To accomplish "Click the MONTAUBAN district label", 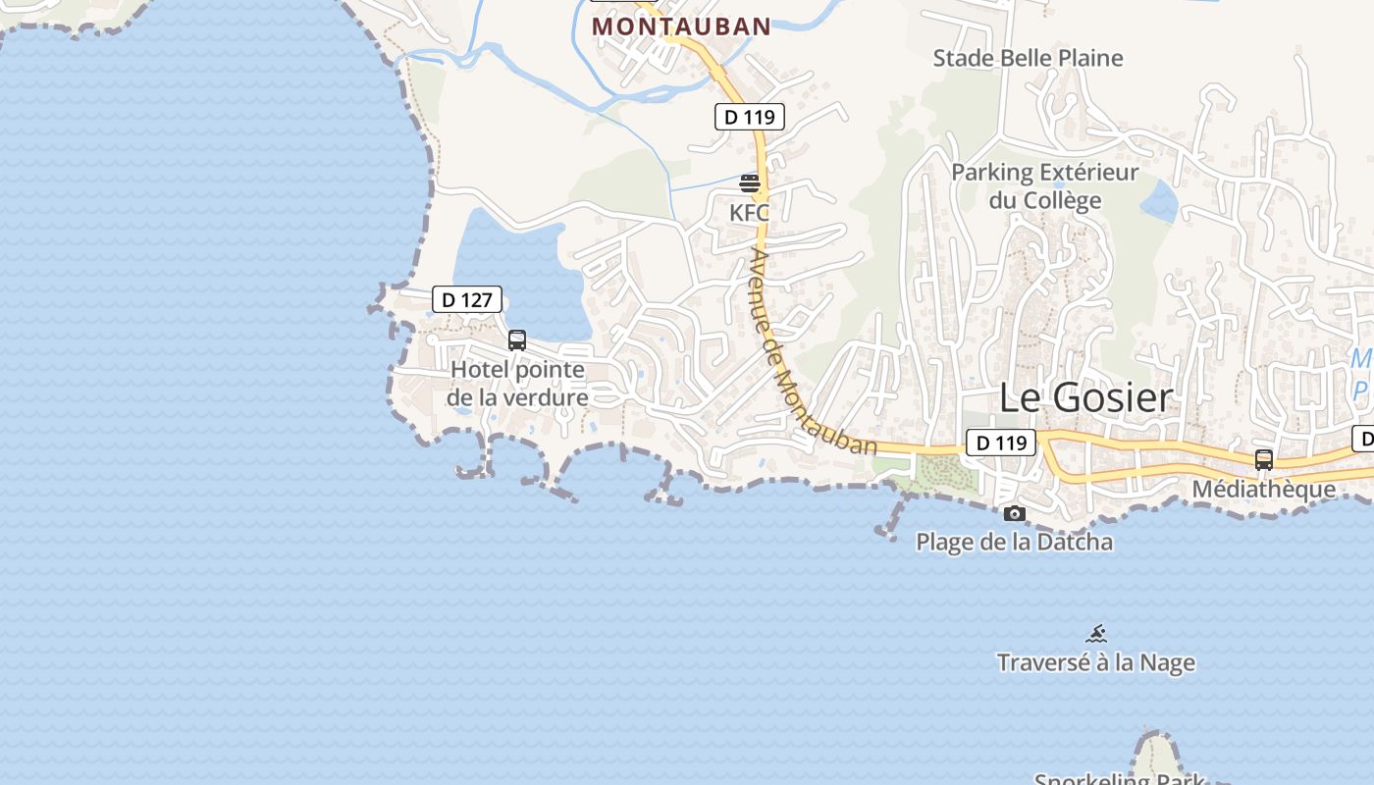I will (x=681, y=26).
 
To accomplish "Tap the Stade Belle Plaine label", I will (x=1028, y=58).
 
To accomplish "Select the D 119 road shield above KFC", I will (x=749, y=118).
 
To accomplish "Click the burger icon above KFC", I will (x=750, y=183).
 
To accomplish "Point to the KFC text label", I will (x=749, y=212).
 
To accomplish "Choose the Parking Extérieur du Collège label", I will (x=1044, y=186).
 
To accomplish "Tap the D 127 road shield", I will (x=467, y=300).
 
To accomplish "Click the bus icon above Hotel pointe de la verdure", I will (x=517, y=340).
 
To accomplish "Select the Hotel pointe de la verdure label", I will (x=517, y=384).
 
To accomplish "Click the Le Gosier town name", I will (x=1085, y=397).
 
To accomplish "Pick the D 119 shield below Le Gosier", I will (x=1001, y=444).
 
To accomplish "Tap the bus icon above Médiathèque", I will (x=1264, y=459).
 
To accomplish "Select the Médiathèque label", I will (x=1263, y=489).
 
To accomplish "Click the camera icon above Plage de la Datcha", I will (x=1015, y=513).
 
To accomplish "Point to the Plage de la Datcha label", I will (x=1014, y=542).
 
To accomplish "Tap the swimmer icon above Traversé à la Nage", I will (x=1096, y=634).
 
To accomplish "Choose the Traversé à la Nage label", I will (x=1095, y=662).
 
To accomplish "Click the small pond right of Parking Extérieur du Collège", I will (x=1161, y=201).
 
